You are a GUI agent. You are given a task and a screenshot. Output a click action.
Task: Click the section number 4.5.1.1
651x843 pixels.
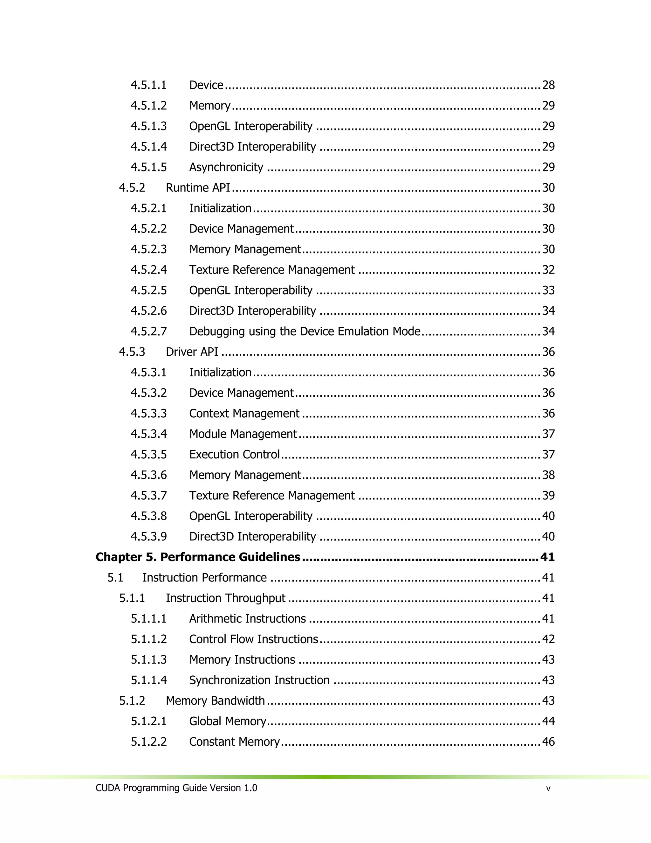coord(148,85)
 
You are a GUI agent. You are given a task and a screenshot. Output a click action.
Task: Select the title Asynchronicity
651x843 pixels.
coord(226,167)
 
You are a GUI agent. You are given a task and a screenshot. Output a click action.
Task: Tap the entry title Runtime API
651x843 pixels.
coord(198,188)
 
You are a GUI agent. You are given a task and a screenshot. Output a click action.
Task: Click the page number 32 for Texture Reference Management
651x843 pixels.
coord(548,270)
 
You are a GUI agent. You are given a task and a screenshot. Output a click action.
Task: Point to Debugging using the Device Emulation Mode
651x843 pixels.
coord(305,331)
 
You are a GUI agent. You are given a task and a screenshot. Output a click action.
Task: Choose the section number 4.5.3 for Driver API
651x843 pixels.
coord(132,352)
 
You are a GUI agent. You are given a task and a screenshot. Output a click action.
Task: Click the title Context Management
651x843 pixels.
coord(244,414)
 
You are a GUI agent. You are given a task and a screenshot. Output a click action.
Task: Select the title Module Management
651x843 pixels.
coord(243,434)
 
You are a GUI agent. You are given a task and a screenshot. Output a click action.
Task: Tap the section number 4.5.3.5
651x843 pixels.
coord(148,454)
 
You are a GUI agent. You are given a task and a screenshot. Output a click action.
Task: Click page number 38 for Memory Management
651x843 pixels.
coord(548,475)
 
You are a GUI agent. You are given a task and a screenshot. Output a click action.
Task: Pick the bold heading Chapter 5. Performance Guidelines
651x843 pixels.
coord(198,557)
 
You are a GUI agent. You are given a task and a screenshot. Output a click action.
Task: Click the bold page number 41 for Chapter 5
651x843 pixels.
coord(547,557)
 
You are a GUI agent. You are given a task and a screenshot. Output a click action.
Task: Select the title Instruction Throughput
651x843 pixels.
coord(226,598)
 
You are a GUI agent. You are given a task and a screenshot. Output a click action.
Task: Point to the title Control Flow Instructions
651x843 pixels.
coord(253,639)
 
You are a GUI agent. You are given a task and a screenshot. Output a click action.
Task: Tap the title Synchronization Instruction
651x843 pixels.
coord(259,680)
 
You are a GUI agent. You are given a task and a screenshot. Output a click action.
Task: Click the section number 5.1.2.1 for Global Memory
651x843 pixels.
coord(148,721)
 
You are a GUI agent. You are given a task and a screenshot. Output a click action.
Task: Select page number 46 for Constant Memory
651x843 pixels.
coord(548,742)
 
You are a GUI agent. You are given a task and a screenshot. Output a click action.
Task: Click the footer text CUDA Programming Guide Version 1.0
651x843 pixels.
coord(176,788)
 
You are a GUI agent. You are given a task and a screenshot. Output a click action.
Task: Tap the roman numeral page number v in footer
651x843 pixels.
coord(548,789)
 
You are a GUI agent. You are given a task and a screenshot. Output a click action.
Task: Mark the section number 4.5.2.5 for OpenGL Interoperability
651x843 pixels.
coord(148,290)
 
